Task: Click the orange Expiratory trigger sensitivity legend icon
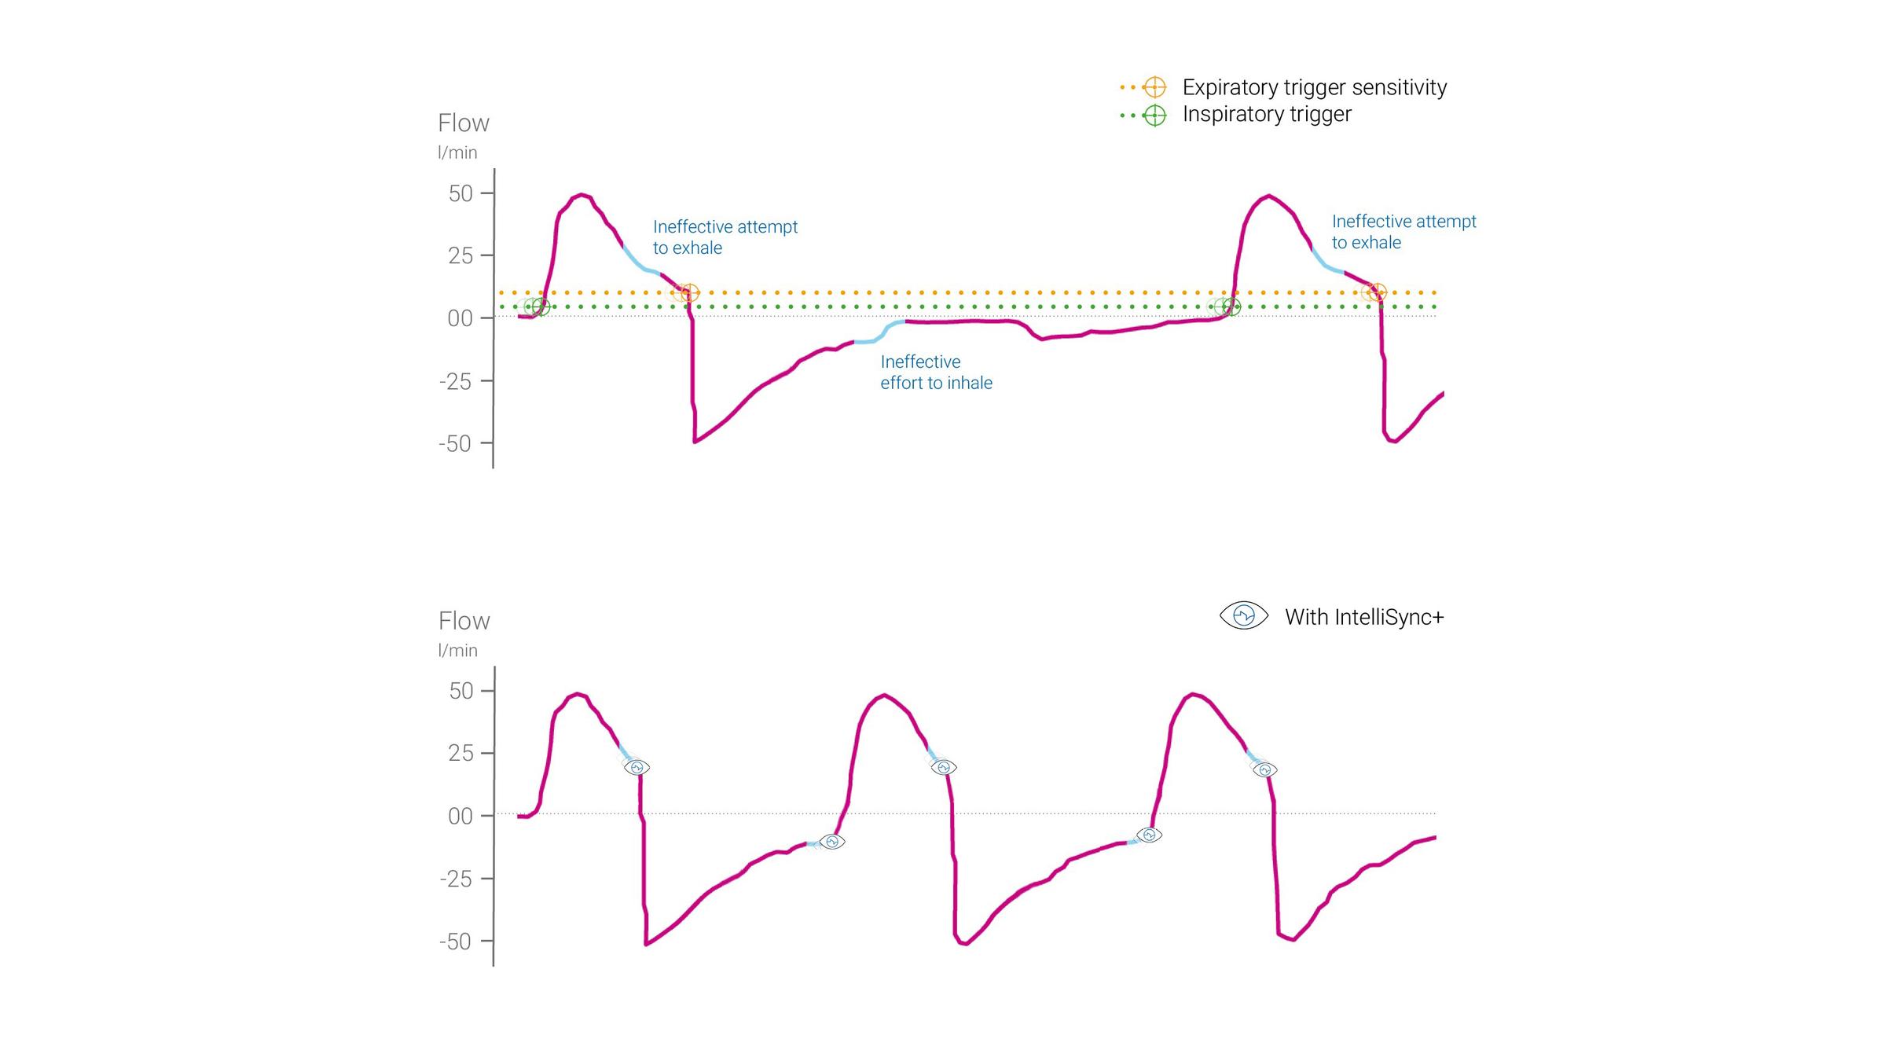coord(1154,87)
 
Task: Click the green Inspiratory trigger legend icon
coord(1154,116)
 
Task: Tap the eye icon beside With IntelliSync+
coord(1243,615)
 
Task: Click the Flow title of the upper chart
coord(463,123)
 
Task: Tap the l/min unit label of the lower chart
coord(457,650)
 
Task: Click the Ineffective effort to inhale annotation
coord(936,373)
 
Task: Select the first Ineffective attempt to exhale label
coord(725,237)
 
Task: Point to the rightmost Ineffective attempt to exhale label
coord(1403,232)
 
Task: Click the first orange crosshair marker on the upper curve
coord(689,293)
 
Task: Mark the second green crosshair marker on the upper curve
coord(1231,307)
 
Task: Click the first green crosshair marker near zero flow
coord(541,307)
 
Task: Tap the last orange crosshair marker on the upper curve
coord(1377,292)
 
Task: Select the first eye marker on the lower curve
coord(637,767)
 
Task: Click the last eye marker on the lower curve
coord(1264,770)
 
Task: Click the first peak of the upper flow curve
coord(580,194)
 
